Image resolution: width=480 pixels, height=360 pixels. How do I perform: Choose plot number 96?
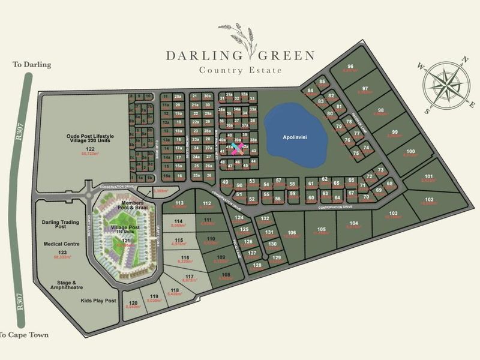tap(350, 66)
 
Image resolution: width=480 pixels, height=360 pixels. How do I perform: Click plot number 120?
tap(133, 302)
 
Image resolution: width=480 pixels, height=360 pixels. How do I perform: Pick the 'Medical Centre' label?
tap(61, 244)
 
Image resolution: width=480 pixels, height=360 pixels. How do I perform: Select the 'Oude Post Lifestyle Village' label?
tap(90, 139)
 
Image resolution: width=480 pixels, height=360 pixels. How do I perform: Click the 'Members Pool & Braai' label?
tap(134, 206)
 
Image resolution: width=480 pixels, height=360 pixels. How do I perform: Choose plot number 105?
tap(322, 229)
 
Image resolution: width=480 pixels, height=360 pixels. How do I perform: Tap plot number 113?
tap(179, 203)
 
